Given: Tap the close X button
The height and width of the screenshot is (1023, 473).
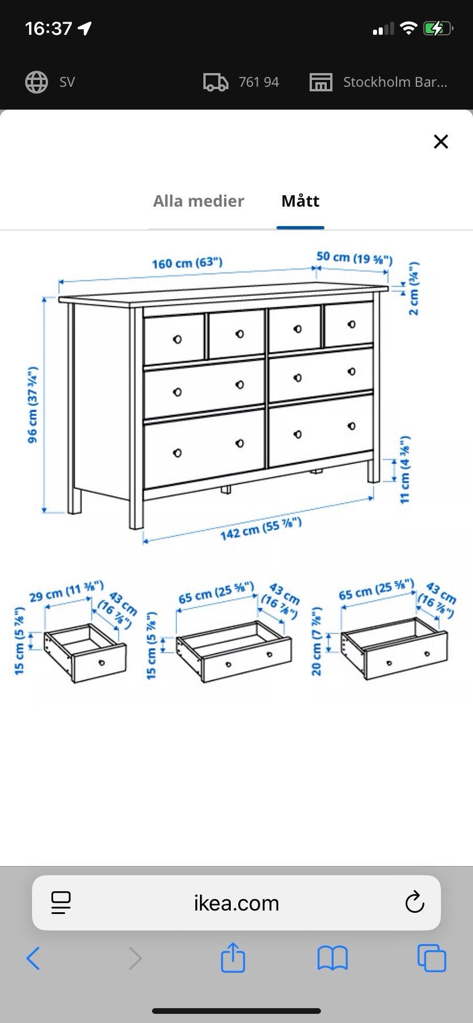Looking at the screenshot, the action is pyautogui.click(x=440, y=142).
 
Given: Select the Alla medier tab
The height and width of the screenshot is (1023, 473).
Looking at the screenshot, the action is pyautogui.click(x=198, y=201).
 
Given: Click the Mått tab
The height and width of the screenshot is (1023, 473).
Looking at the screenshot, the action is pyautogui.click(x=300, y=201).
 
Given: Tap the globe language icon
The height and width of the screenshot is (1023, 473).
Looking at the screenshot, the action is pyautogui.click(x=37, y=82).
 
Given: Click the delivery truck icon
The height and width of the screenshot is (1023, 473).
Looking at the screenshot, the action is pyautogui.click(x=216, y=82).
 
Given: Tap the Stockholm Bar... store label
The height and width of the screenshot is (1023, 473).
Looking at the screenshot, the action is pyautogui.click(x=395, y=82).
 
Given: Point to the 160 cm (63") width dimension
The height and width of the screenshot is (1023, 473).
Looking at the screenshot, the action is pyautogui.click(x=187, y=263).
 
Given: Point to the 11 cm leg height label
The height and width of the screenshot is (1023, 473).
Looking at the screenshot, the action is pyautogui.click(x=404, y=470).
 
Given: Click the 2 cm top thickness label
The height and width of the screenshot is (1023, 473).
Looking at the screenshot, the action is pyautogui.click(x=414, y=288).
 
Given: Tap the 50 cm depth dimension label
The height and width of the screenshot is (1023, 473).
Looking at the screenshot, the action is pyautogui.click(x=355, y=257).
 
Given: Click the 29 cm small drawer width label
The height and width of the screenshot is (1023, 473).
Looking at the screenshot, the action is pyautogui.click(x=66, y=591).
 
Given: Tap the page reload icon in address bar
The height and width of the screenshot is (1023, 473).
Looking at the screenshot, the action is pyautogui.click(x=414, y=902).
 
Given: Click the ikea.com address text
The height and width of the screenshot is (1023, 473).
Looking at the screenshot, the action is pyautogui.click(x=236, y=903).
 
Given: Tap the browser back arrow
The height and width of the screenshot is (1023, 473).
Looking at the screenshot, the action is pyautogui.click(x=33, y=958).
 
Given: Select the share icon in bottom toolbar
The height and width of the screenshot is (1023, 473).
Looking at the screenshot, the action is pyautogui.click(x=233, y=957).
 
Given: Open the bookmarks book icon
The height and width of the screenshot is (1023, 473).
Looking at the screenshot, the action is pyautogui.click(x=332, y=958).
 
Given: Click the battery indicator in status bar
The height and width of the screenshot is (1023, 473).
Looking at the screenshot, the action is pyautogui.click(x=438, y=28).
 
